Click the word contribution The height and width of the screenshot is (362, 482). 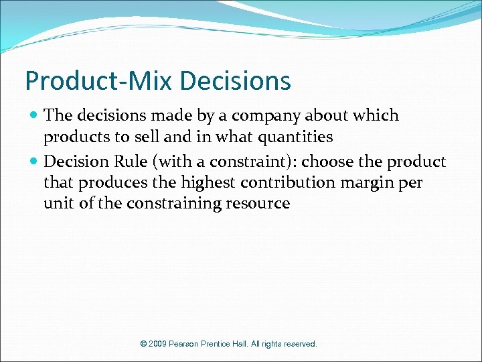tap(285, 183)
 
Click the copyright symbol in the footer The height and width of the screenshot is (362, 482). tap(143, 344)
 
